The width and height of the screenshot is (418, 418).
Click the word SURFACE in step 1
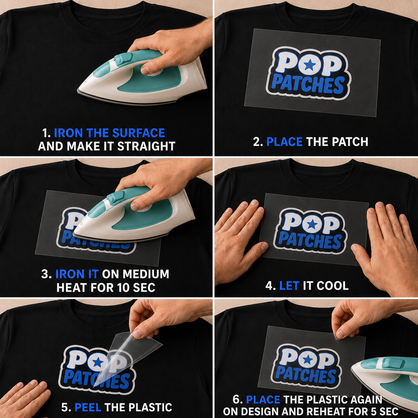139,133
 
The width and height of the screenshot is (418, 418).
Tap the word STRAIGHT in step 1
146,146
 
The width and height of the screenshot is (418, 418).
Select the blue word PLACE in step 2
284,142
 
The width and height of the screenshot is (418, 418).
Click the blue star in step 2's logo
310,65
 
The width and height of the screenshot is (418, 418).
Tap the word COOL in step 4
333,285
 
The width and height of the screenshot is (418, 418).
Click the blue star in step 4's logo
312,225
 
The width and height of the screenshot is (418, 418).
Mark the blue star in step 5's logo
98,362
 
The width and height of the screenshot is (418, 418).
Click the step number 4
270,285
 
